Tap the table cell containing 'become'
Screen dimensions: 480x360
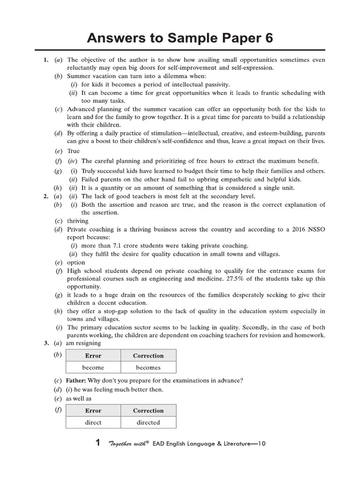tap(93, 367)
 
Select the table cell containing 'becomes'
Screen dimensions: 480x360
tap(148, 367)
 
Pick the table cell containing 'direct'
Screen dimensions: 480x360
tap(93, 422)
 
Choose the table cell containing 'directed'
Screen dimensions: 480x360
tap(148, 422)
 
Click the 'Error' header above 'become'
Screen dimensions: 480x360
tap(93, 356)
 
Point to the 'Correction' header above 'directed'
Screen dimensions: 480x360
tap(148, 411)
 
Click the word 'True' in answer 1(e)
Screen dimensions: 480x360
tap(74, 151)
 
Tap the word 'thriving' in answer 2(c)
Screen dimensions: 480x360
tap(78, 221)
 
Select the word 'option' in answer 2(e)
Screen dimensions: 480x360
tap(76, 262)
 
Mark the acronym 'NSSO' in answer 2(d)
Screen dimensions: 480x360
tap(317, 229)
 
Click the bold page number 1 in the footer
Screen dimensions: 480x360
tap(97, 443)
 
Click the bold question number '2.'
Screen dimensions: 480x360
tap(46, 196)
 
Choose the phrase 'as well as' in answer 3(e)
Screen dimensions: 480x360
tap(79, 398)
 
